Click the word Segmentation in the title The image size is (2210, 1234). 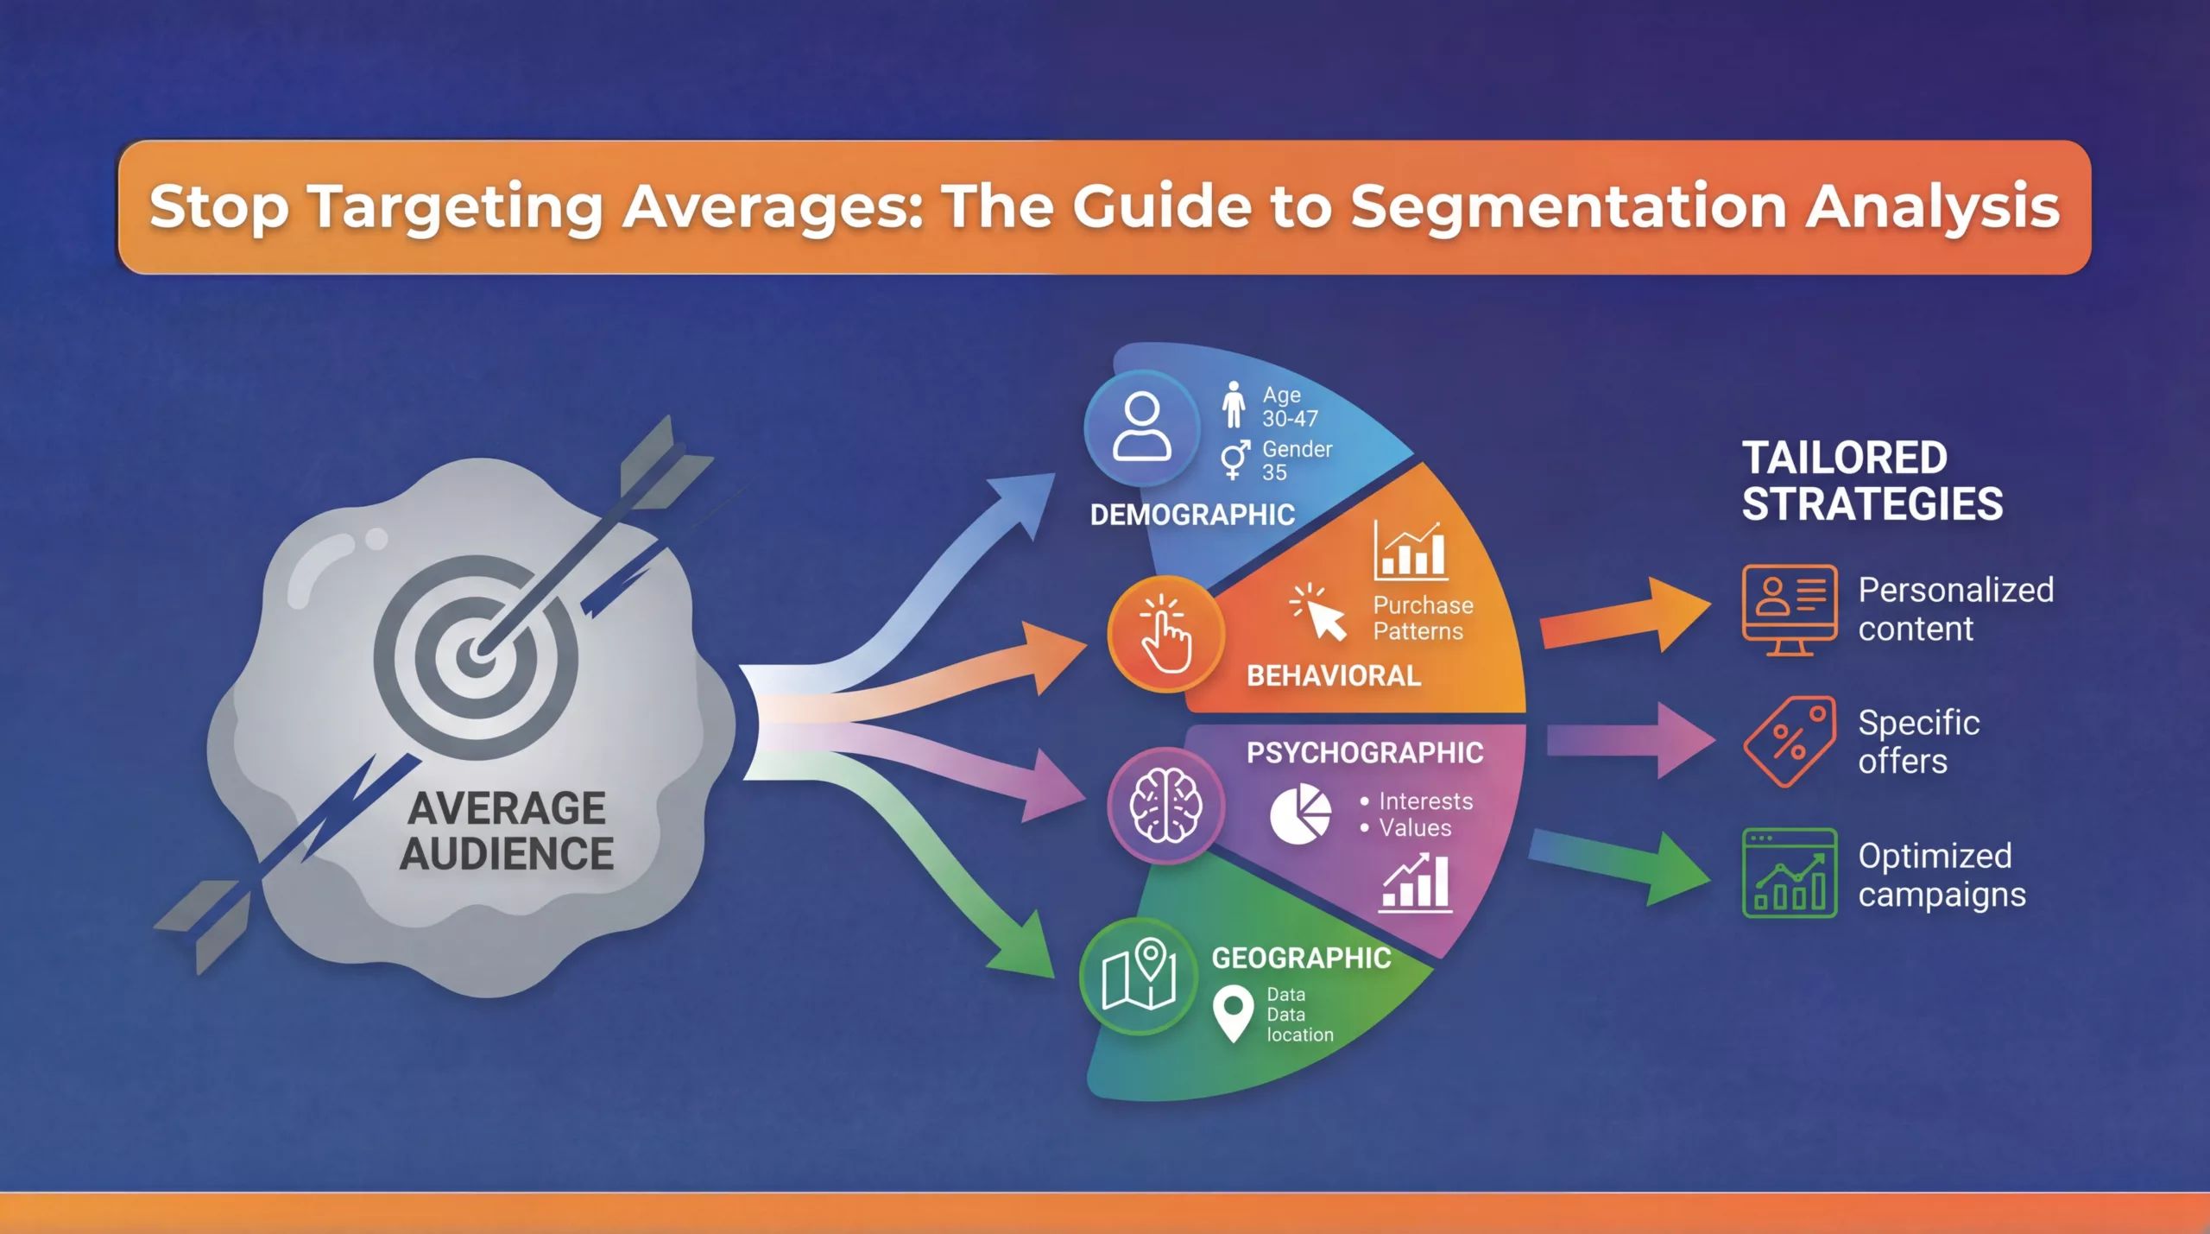pyautogui.click(x=1568, y=207)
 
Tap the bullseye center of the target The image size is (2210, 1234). pyautogui.click(x=476, y=656)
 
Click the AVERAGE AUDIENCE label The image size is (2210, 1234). pyautogui.click(x=507, y=831)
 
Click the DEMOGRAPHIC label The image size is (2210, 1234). pyautogui.click(x=1192, y=516)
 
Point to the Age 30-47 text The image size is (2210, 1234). pyautogui.click(x=1290, y=407)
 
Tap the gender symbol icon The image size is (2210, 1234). pyautogui.click(x=1234, y=459)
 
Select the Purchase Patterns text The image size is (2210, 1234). pyautogui.click(x=1423, y=618)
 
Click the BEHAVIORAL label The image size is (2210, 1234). pyautogui.click(x=1334, y=676)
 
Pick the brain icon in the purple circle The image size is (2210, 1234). pyautogui.click(x=1165, y=806)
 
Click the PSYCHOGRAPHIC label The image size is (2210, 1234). pyautogui.click(x=1365, y=753)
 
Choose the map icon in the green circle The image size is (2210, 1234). pyautogui.click(x=1140, y=975)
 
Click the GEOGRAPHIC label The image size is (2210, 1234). pyautogui.click(x=1301, y=959)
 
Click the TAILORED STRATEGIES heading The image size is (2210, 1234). pyautogui.click(x=1872, y=481)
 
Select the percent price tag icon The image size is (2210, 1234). pyautogui.click(x=1789, y=742)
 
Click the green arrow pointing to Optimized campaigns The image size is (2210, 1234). pyautogui.click(x=1619, y=868)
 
